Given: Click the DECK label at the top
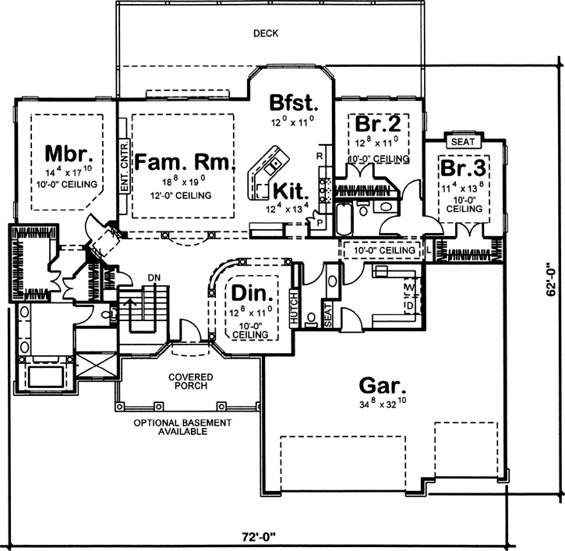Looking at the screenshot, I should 266,34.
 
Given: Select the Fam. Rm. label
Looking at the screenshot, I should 184,162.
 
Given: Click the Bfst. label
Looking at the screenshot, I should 292,103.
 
